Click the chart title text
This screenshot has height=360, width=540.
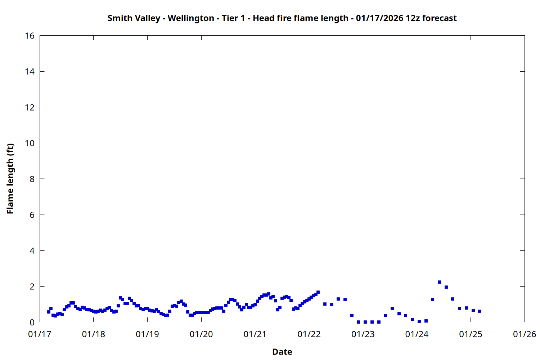(x=282, y=18)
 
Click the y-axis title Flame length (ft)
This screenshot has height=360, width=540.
(x=10, y=179)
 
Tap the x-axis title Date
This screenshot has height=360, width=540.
(x=282, y=352)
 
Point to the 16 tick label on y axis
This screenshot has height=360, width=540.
(x=30, y=36)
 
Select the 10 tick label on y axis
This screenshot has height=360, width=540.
(x=30, y=143)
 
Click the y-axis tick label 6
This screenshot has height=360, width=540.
(x=32, y=215)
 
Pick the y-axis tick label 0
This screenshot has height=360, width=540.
(x=32, y=323)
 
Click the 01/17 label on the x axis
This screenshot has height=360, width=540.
(x=40, y=334)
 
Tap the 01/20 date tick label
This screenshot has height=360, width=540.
(x=201, y=334)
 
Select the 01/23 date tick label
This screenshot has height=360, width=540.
(x=363, y=334)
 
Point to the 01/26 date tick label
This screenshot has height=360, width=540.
(x=525, y=334)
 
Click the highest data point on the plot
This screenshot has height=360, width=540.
(x=439, y=282)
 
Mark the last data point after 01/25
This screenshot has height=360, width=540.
(x=480, y=311)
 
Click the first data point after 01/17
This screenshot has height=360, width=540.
(x=49, y=312)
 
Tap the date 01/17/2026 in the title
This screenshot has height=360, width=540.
(x=379, y=18)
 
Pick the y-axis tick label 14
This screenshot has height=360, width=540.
(x=30, y=72)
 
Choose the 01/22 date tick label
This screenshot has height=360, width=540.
(x=309, y=334)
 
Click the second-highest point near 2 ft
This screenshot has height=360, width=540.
(x=446, y=287)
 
